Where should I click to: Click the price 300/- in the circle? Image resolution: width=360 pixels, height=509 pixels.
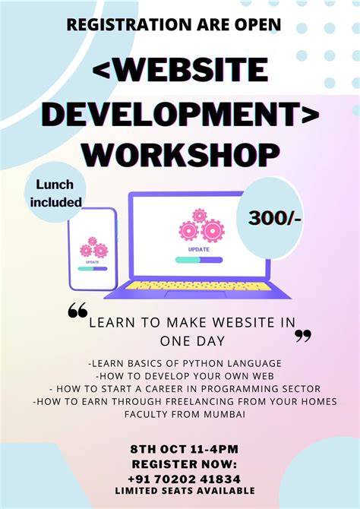pyautogui.click(x=274, y=219)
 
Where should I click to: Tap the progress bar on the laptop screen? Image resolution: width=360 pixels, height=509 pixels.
pyautogui.click(x=199, y=260)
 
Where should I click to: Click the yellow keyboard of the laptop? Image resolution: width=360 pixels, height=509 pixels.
pyautogui.click(x=199, y=286)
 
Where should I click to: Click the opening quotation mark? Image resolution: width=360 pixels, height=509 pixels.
pyautogui.click(x=77, y=310)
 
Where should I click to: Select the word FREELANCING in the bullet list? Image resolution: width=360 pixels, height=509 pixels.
pyautogui.click(x=207, y=401)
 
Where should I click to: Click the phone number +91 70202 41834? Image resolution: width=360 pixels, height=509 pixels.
pyautogui.click(x=185, y=479)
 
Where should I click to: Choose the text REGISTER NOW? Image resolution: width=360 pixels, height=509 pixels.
pyautogui.click(x=185, y=463)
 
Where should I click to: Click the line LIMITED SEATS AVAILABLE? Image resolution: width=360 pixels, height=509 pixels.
pyautogui.click(x=185, y=491)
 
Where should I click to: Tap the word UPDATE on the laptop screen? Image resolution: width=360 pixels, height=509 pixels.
pyautogui.click(x=200, y=248)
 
